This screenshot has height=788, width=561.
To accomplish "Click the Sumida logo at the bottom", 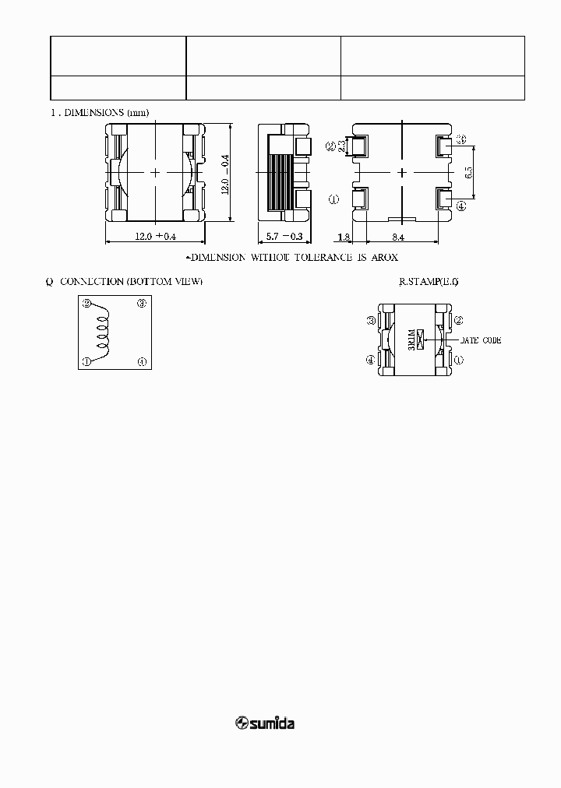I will [x=265, y=723].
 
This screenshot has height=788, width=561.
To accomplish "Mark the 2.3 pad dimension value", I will [x=340, y=146].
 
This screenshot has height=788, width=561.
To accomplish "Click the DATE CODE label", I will [x=481, y=340].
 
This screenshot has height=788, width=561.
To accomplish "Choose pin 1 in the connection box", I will [x=86, y=361].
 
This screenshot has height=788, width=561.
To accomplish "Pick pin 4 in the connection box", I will [x=142, y=361].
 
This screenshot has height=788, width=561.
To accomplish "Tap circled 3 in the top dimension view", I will [x=460, y=139].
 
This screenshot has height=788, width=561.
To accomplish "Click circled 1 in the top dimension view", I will [x=334, y=199].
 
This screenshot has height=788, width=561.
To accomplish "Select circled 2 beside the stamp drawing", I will [x=459, y=320].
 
